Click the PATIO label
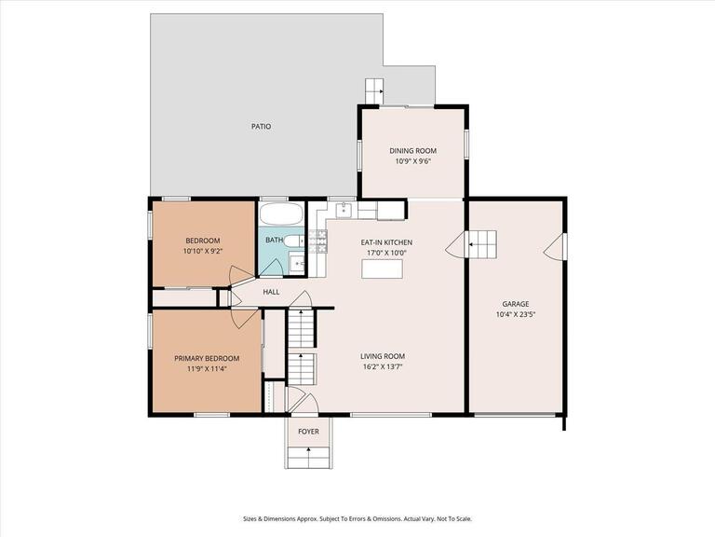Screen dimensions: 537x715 point(261,126)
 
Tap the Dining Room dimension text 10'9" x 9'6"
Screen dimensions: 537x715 point(412,160)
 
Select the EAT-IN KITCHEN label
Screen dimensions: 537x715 point(386,242)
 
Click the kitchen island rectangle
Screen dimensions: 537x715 point(383,268)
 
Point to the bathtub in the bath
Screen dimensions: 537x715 point(281,213)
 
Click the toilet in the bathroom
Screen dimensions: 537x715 point(293,241)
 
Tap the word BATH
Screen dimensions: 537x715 point(274,241)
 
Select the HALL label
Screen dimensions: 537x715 point(271,292)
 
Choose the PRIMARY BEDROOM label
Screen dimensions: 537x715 point(207,358)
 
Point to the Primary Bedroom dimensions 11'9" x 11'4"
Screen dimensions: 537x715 point(207,368)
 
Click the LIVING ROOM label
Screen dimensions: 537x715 point(383,355)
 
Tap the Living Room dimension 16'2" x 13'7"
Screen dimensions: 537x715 point(383,365)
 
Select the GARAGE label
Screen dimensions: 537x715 point(515,304)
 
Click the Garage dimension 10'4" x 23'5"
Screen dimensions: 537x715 point(515,314)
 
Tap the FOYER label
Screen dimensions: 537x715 point(308,432)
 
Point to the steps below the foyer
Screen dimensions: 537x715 point(308,456)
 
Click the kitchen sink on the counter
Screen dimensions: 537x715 point(344,210)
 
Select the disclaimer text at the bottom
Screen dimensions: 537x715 point(357,518)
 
